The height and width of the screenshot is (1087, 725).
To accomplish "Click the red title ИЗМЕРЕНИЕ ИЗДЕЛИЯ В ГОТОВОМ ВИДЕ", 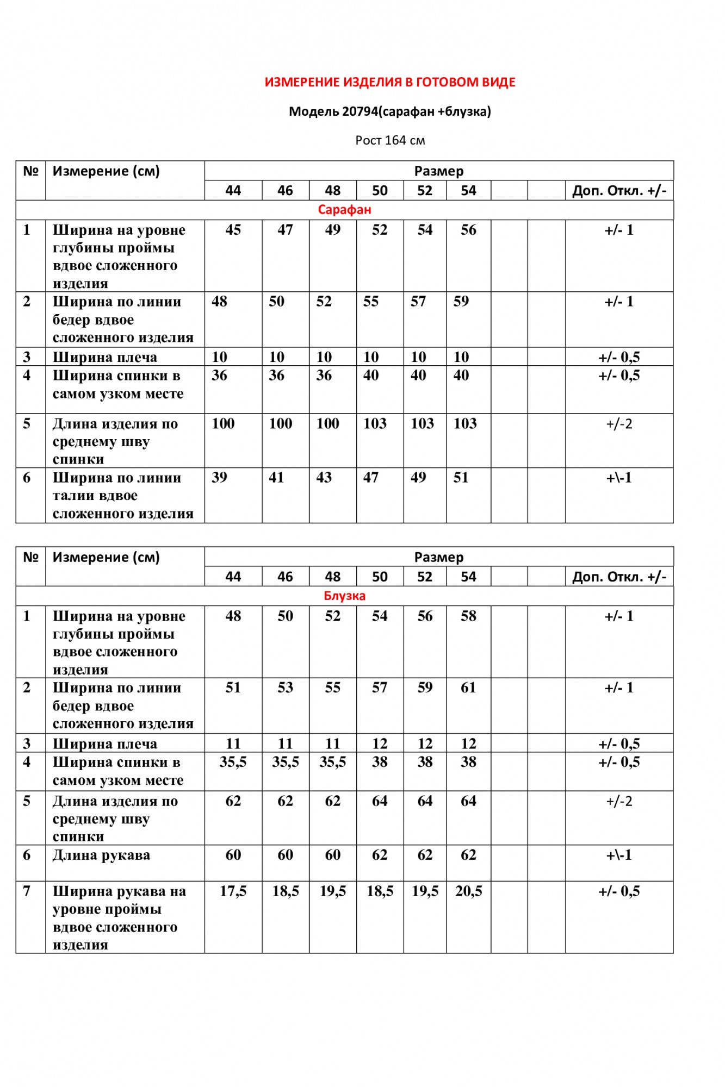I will [x=390, y=83].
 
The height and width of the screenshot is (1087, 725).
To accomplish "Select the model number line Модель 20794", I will [x=389, y=112].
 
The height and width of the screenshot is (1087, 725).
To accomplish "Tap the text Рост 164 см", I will [x=390, y=141].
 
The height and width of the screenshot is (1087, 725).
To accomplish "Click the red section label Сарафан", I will [x=344, y=210].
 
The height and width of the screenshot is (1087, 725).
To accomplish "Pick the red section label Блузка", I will [x=344, y=596].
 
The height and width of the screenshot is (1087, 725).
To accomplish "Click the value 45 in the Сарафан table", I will [x=233, y=230].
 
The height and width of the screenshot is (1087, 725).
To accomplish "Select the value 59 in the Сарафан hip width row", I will [x=461, y=302].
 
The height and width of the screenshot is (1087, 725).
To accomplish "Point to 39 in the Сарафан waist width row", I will [x=219, y=478].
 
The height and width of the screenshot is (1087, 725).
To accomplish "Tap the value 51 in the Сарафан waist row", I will [x=461, y=478].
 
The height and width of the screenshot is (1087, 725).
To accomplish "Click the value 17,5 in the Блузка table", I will [x=233, y=891].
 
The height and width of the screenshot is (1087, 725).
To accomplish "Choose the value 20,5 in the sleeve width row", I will [x=468, y=891].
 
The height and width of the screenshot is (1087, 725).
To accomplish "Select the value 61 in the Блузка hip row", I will [x=468, y=688].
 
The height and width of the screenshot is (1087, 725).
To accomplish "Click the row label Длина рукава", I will [x=101, y=855].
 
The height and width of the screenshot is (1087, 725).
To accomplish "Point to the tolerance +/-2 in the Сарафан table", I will [x=619, y=424].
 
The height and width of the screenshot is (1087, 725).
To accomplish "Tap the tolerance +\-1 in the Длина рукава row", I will [x=619, y=855].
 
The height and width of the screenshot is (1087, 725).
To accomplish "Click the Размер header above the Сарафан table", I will [x=438, y=171].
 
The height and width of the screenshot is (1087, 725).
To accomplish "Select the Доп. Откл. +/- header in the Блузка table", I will [x=619, y=577].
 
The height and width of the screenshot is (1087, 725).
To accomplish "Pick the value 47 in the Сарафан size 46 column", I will [x=285, y=230].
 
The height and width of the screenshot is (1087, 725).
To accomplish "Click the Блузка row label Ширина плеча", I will [x=104, y=744].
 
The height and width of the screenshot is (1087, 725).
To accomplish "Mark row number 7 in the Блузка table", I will [x=27, y=891].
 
